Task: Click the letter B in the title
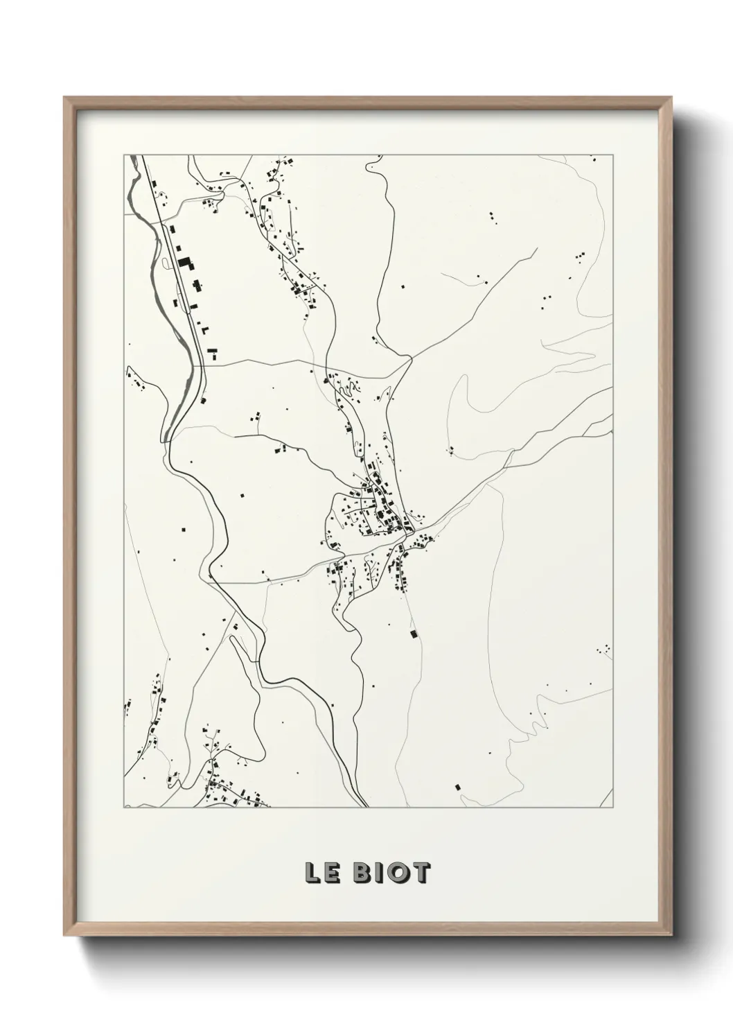click(362, 873)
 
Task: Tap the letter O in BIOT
click(397, 873)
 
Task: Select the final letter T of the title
click(420, 873)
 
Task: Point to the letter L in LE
click(311, 873)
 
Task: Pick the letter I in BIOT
click(379, 873)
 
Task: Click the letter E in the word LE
click(331, 873)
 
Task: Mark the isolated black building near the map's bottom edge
click(457, 787)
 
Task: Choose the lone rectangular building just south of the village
click(414, 634)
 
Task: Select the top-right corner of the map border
click(613, 155)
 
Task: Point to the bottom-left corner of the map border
click(124, 808)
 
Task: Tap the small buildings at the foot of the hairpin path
click(450, 451)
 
